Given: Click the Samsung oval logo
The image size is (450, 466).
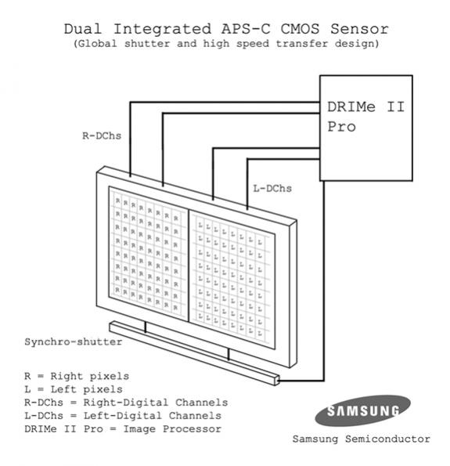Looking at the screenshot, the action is coord(362,410).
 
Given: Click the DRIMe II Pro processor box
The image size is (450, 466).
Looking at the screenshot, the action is coord(366,128).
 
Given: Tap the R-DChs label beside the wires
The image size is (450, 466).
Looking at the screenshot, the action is coord(102,135).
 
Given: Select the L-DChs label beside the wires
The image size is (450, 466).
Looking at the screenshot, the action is coord(272,188).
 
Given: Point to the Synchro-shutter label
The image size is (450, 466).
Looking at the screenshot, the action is coord(74,341).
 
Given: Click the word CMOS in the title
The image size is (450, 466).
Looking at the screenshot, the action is coord(300,29).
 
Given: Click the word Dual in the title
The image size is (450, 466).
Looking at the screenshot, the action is coord(83,29).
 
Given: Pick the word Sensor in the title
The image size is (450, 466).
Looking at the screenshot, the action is coord(360,29).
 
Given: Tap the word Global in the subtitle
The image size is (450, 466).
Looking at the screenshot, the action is coord(95,44).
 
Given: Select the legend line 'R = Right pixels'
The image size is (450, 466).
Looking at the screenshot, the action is coord(77,376).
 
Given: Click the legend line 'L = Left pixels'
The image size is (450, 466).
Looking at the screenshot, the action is coord(74,389).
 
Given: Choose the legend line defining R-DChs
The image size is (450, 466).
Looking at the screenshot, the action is coord(126,403).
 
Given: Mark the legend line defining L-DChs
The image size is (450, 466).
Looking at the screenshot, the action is coord(123,415).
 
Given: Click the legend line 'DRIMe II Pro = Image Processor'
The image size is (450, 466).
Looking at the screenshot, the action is coord(123,429).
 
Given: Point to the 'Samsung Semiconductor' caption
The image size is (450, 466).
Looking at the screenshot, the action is coord(362,439).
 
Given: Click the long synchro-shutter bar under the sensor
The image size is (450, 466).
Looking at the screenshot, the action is coord(195,353).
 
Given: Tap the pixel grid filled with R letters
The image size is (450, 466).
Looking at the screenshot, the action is coord(149,254).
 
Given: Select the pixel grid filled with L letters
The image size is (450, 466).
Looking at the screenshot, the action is coord(232,280).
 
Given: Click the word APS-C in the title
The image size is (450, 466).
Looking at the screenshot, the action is coord(246,29).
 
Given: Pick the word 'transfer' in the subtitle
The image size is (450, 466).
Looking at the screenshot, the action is coord(302,44).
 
